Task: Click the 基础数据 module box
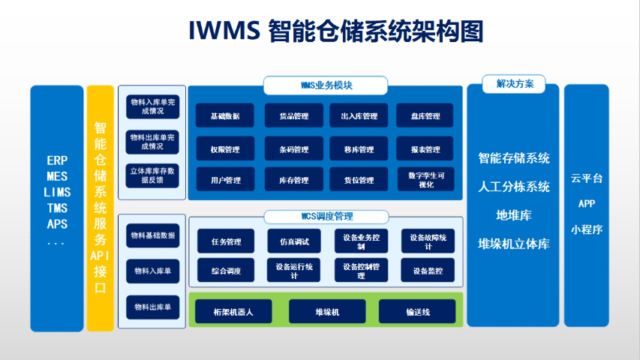click(225, 116)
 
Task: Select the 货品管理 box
click(293, 116)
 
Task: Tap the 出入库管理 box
click(359, 116)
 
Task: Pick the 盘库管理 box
click(425, 116)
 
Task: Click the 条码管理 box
click(293, 149)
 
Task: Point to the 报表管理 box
click(425, 149)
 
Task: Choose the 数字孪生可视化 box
click(425, 179)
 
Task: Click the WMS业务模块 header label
click(326, 85)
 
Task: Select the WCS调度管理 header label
click(326, 217)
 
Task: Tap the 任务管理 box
click(227, 241)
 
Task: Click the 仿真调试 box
click(293, 241)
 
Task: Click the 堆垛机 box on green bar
click(327, 311)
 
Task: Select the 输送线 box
click(416, 311)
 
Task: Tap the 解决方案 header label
click(514, 84)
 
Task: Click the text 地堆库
click(514, 215)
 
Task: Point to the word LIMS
click(57, 192)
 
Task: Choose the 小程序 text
click(587, 229)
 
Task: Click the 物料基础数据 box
click(152, 235)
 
